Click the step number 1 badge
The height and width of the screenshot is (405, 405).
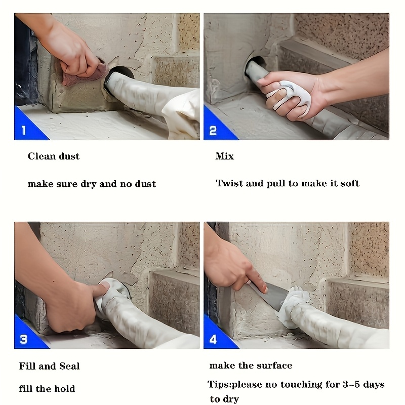point(24,131)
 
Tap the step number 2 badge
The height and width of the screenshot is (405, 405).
point(213,131)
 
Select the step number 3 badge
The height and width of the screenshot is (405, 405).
point(23,339)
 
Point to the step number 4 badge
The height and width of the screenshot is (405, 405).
point(213,339)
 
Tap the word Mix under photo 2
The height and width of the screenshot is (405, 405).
point(224,156)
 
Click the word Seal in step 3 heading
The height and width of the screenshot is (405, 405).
point(69,366)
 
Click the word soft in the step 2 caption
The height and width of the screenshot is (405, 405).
point(350,183)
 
